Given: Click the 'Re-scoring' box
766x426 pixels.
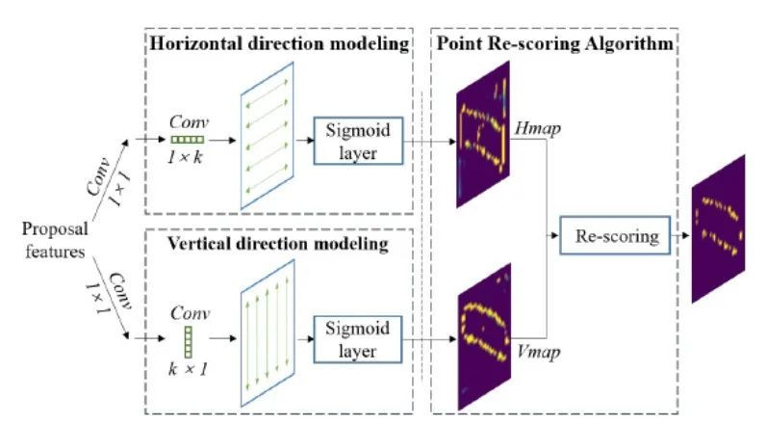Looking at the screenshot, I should (616, 235).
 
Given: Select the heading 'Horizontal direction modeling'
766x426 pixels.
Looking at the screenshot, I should (278, 44).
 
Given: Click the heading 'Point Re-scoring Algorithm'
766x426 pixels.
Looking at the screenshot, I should (556, 44).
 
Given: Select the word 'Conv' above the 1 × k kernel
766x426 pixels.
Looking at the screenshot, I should (187, 122).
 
